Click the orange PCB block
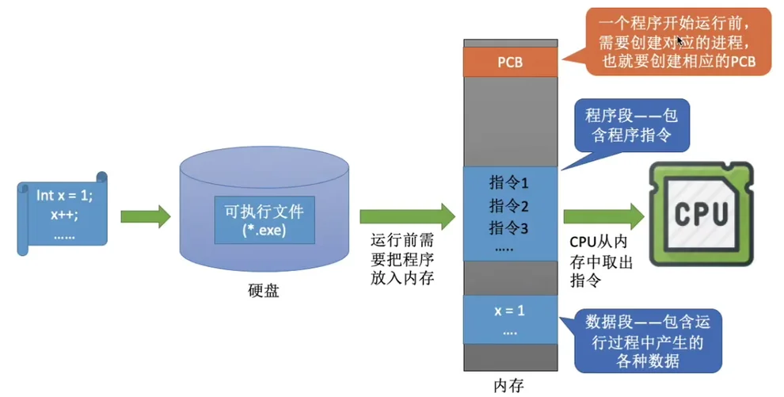(x=509, y=62)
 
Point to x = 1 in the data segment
(x=509, y=311)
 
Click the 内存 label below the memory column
(x=508, y=386)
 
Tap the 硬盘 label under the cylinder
(x=263, y=291)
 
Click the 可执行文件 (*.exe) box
(x=264, y=221)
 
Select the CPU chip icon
(x=701, y=215)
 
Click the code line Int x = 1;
(x=64, y=195)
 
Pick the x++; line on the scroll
(x=64, y=214)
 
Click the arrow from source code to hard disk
(x=145, y=216)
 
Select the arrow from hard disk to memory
(x=406, y=216)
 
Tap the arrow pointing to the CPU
(x=604, y=216)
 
